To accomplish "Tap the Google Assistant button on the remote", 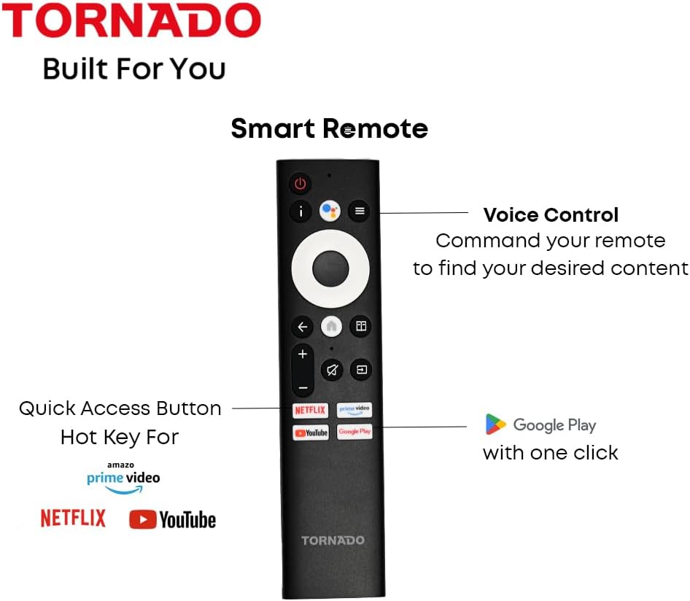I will pyautogui.click(x=330, y=212).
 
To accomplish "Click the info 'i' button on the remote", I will pyautogui.click(x=301, y=212).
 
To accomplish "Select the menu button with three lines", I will pyautogui.click(x=358, y=212).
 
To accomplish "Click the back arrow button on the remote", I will pyautogui.click(x=302, y=327).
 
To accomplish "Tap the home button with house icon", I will pyautogui.click(x=330, y=327).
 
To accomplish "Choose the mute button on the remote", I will pyautogui.click(x=331, y=371).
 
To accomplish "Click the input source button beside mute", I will pyautogui.click(x=360, y=371).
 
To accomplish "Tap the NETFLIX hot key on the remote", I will pyautogui.click(x=310, y=410).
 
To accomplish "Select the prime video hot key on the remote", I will pyautogui.click(x=354, y=410).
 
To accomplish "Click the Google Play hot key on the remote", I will pyautogui.click(x=354, y=432).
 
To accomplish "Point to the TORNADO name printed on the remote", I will pyautogui.click(x=333, y=540).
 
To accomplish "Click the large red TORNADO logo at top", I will pyautogui.click(x=132, y=23).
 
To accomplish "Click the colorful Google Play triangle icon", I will pyautogui.click(x=496, y=424).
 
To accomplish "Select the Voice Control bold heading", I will pyautogui.click(x=551, y=215).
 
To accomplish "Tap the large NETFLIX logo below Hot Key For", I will pyautogui.click(x=73, y=519).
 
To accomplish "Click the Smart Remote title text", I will pyautogui.click(x=329, y=128).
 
